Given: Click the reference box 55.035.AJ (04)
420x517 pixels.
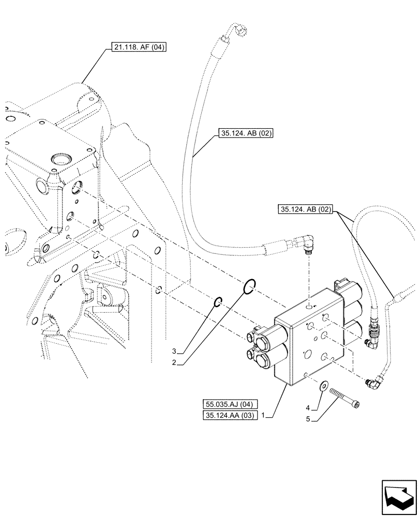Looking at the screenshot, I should (x=229, y=404).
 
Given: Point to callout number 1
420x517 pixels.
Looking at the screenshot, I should (x=265, y=415).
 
